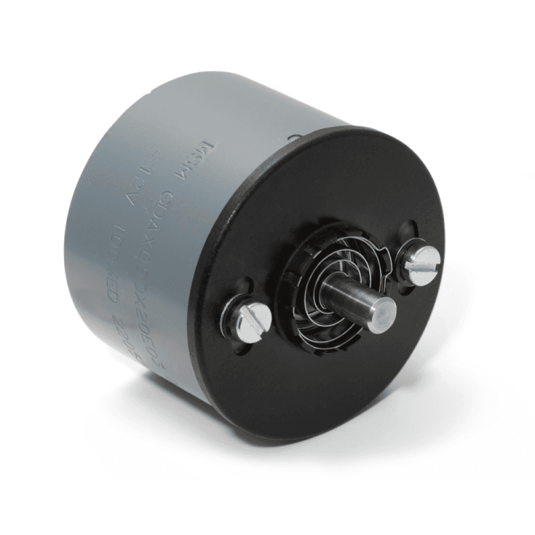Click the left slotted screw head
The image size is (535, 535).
click(254, 319)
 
